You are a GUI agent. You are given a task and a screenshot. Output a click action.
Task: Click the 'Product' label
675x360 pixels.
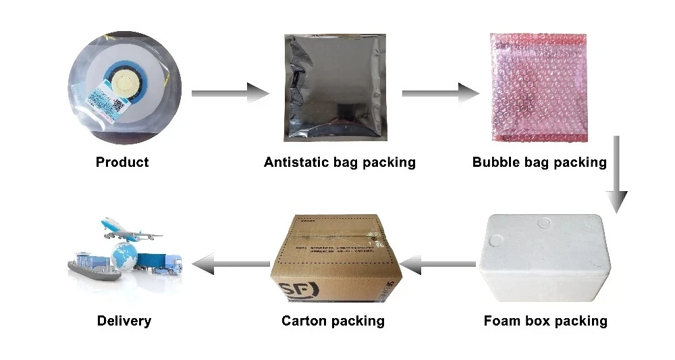tap(122, 162)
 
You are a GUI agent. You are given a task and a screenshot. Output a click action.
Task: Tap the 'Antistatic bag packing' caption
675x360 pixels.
tap(340, 162)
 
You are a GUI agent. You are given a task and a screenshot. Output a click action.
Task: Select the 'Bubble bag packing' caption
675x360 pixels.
tap(539, 162)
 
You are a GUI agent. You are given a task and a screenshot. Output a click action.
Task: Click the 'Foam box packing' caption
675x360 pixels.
tap(545, 321)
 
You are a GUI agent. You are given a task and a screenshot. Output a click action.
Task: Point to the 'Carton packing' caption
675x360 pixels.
tap(333, 321)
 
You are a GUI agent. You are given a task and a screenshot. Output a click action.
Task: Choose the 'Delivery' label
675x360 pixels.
tap(124, 321)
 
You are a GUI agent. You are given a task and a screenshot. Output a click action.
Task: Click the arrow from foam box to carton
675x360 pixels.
tap(439, 263)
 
